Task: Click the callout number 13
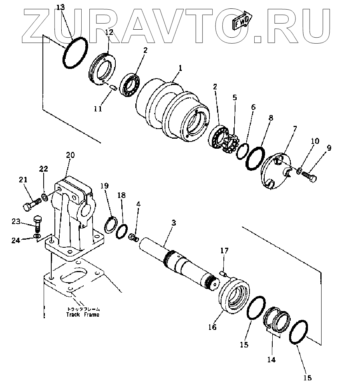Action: [x=60, y=8]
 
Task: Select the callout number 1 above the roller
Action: [x=180, y=69]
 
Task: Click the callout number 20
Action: [x=70, y=155]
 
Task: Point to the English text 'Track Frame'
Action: [x=82, y=315]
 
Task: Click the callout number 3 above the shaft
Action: [x=173, y=223]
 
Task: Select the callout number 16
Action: [x=212, y=327]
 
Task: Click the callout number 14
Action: [x=271, y=360]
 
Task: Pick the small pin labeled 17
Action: [x=224, y=274]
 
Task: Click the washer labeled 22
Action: [x=44, y=197]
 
